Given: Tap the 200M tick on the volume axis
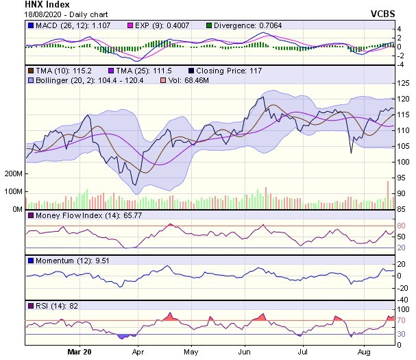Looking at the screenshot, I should click(12, 174).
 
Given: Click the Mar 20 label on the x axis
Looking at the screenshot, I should click(81, 352).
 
